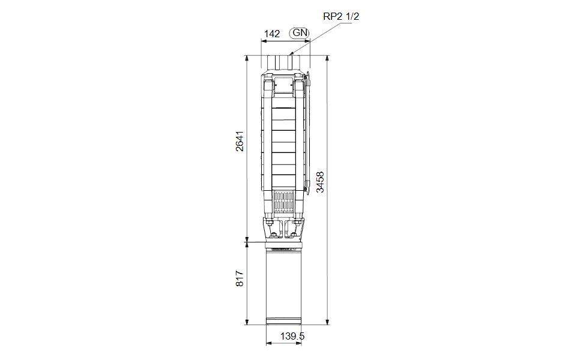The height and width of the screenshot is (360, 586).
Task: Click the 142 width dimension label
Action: click(272, 34)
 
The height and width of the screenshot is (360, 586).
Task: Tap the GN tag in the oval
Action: click(300, 33)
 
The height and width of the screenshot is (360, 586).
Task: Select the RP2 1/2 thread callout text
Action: click(341, 16)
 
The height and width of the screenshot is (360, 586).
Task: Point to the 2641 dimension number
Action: click(240, 141)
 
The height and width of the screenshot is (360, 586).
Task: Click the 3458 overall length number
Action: click(320, 182)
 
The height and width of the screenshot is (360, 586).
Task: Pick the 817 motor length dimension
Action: click(240, 279)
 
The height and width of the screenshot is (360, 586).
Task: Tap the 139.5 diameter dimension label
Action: click(292, 336)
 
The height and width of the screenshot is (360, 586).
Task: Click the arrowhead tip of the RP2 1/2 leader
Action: click(291, 55)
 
